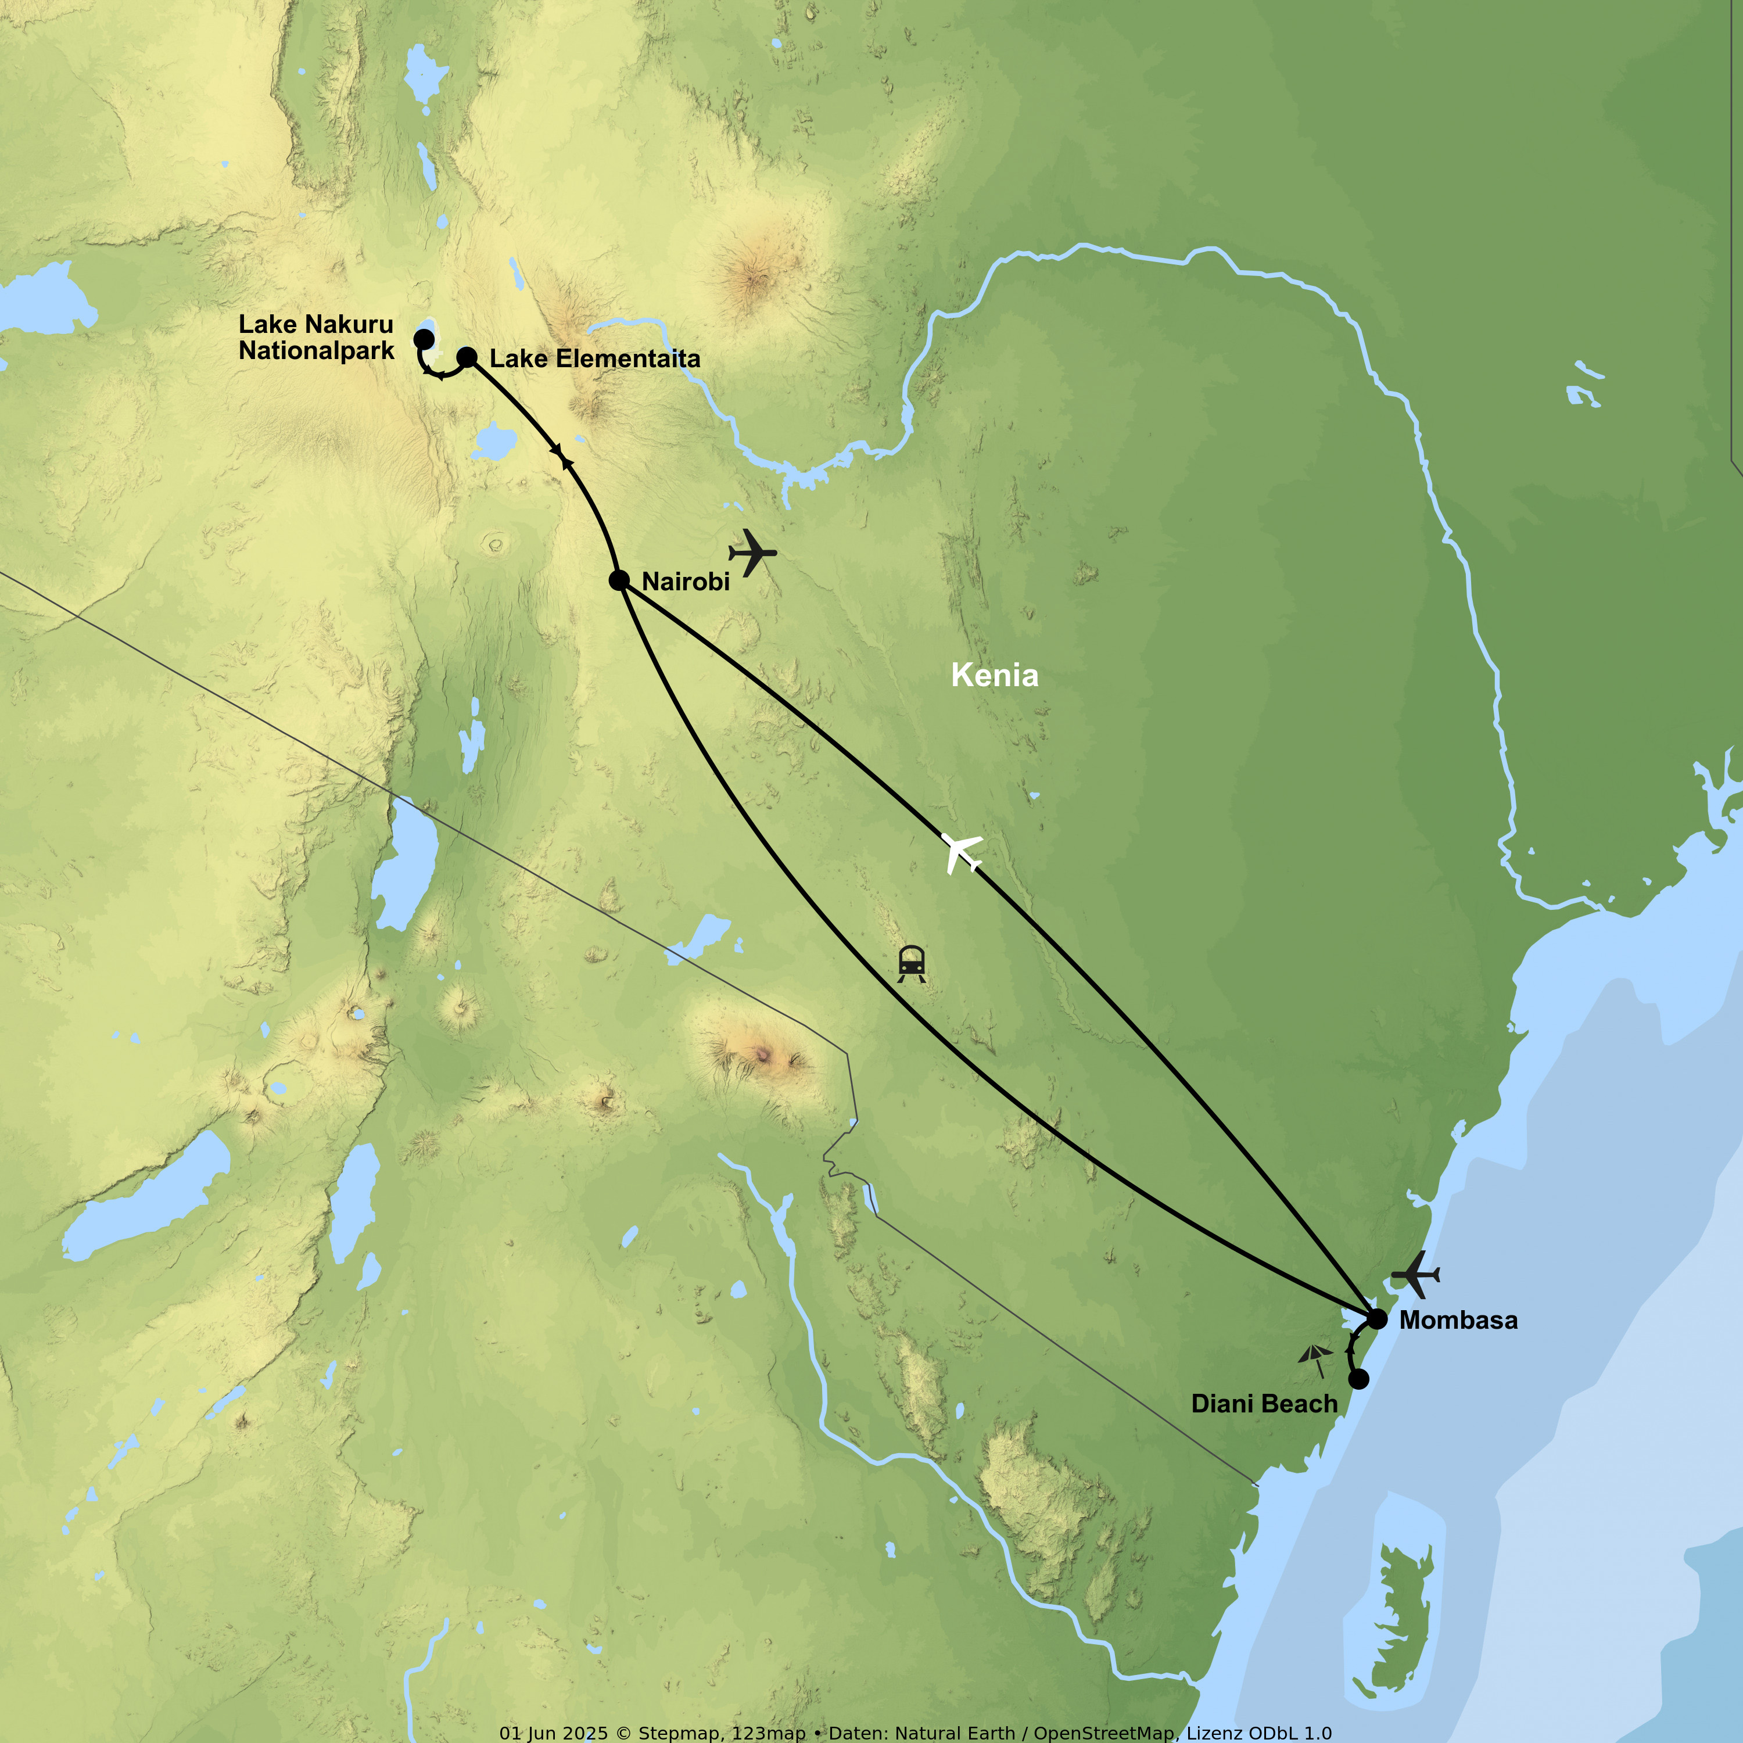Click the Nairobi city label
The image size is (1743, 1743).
686,582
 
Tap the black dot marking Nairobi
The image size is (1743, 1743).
619,580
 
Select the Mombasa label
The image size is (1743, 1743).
1458,1320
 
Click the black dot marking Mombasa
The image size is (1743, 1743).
1377,1319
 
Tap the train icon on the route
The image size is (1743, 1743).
911,963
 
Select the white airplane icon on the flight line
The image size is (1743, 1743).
962,852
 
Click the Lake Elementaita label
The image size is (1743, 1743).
594,359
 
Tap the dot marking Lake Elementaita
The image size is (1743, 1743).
467,357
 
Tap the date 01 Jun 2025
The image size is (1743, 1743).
554,1733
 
